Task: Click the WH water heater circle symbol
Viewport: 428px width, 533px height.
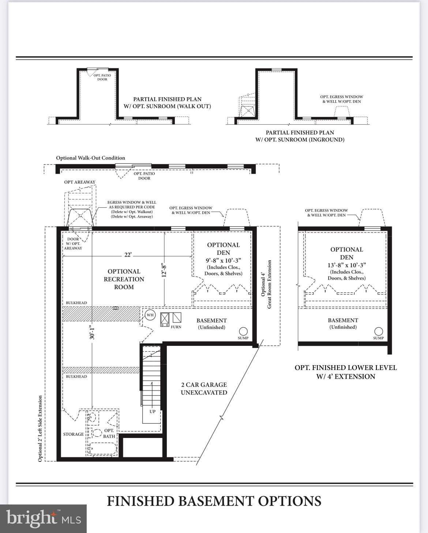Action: pos(150,315)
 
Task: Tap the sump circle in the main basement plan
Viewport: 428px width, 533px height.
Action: pos(243,331)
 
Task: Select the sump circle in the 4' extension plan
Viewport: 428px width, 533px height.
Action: pos(379,331)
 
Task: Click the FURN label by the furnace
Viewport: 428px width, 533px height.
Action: pos(176,327)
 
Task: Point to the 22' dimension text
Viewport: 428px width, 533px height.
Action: pos(128,255)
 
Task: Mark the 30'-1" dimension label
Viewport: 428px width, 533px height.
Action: pos(92,332)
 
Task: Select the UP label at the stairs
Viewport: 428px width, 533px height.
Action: pos(153,411)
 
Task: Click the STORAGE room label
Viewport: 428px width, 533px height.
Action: pos(74,434)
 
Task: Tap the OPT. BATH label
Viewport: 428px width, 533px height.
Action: pos(109,433)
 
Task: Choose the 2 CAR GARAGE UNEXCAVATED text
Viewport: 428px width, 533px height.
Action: pos(204,389)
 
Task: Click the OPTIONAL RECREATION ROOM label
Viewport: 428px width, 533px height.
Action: pos(124,279)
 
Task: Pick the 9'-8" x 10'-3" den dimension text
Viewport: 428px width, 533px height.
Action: pos(223,261)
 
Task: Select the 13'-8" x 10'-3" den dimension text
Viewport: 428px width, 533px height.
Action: pos(346,265)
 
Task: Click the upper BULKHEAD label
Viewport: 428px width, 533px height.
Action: pos(76,303)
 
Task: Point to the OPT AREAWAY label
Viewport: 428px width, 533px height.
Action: pos(80,182)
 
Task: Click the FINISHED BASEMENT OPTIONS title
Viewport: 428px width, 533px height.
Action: pos(214,501)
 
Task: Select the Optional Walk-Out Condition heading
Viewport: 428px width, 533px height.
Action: pos(90,158)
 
